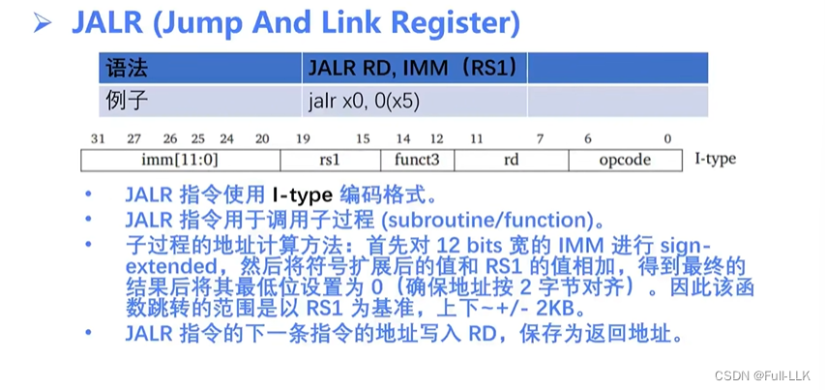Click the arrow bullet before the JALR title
pyautogui.click(x=43, y=22)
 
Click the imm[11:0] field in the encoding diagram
pyautogui.click(x=180, y=160)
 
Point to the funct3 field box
pyautogui.click(x=418, y=160)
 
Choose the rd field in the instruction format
pyautogui.click(x=511, y=160)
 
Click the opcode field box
pyautogui.click(x=625, y=160)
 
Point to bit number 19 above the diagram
pyautogui.click(x=302, y=138)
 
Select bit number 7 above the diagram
pyautogui.click(x=541, y=138)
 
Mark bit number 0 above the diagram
pyautogui.click(x=666, y=138)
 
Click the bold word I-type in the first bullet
pyautogui.click(x=302, y=195)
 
